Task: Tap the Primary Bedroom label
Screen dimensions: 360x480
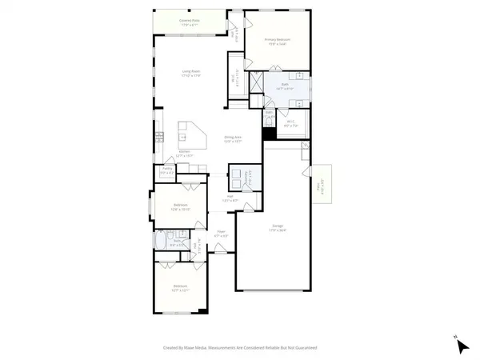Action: (x=278, y=39)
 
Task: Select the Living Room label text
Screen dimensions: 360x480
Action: (x=190, y=71)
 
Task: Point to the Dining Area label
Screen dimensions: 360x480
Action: (x=233, y=137)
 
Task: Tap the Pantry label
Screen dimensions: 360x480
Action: (x=168, y=169)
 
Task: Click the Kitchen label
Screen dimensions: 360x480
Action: (x=183, y=151)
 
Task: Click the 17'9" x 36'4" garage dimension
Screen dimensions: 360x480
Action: (x=278, y=231)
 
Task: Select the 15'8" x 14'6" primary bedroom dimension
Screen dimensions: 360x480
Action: (x=278, y=43)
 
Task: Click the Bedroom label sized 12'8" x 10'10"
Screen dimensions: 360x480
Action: (x=180, y=205)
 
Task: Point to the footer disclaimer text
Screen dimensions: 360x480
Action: (x=240, y=348)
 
